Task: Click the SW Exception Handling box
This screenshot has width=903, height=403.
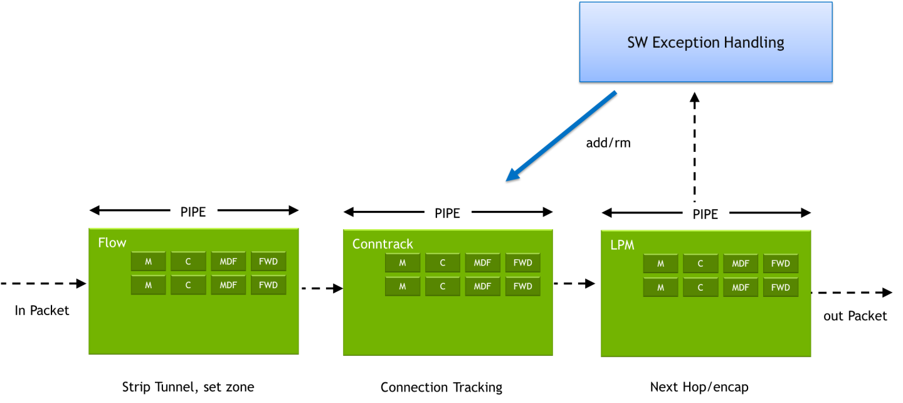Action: pyautogui.click(x=705, y=42)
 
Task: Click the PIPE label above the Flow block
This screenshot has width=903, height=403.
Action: pyautogui.click(x=193, y=212)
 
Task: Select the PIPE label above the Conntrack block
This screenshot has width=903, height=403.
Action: pyautogui.click(x=447, y=213)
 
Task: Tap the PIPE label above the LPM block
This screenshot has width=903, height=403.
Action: pyautogui.click(x=705, y=215)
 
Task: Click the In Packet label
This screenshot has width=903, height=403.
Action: pyautogui.click(x=41, y=311)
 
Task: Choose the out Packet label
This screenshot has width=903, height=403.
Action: pyautogui.click(x=854, y=315)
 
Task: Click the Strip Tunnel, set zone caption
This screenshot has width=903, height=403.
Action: pyautogui.click(x=188, y=387)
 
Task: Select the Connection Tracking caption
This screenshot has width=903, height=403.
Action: pyautogui.click(x=441, y=387)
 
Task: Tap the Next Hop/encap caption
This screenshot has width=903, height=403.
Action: pyautogui.click(x=699, y=387)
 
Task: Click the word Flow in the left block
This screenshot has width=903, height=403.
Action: pyautogui.click(x=112, y=243)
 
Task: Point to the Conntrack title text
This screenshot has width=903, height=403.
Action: pyautogui.click(x=383, y=244)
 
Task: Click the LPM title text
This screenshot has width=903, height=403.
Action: pyautogui.click(x=622, y=245)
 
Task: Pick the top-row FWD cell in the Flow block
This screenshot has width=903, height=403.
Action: pyautogui.click(x=268, y=262)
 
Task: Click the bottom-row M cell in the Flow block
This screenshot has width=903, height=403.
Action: pyautogui.click(x=149, y=285)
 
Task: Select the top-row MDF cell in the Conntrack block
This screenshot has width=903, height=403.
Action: pyautogui.click(x=482, y=263)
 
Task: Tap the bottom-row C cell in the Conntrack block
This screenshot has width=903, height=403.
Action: pyautogui.click(x=442, y=286)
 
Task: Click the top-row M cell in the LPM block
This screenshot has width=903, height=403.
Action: pyautogui.click(x=660, y=264)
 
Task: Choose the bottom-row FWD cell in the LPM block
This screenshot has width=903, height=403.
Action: pyautogui.click(x=780, y=287)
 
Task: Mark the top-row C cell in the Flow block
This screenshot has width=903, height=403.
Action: pyautogui.click(x=188, y=262)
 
